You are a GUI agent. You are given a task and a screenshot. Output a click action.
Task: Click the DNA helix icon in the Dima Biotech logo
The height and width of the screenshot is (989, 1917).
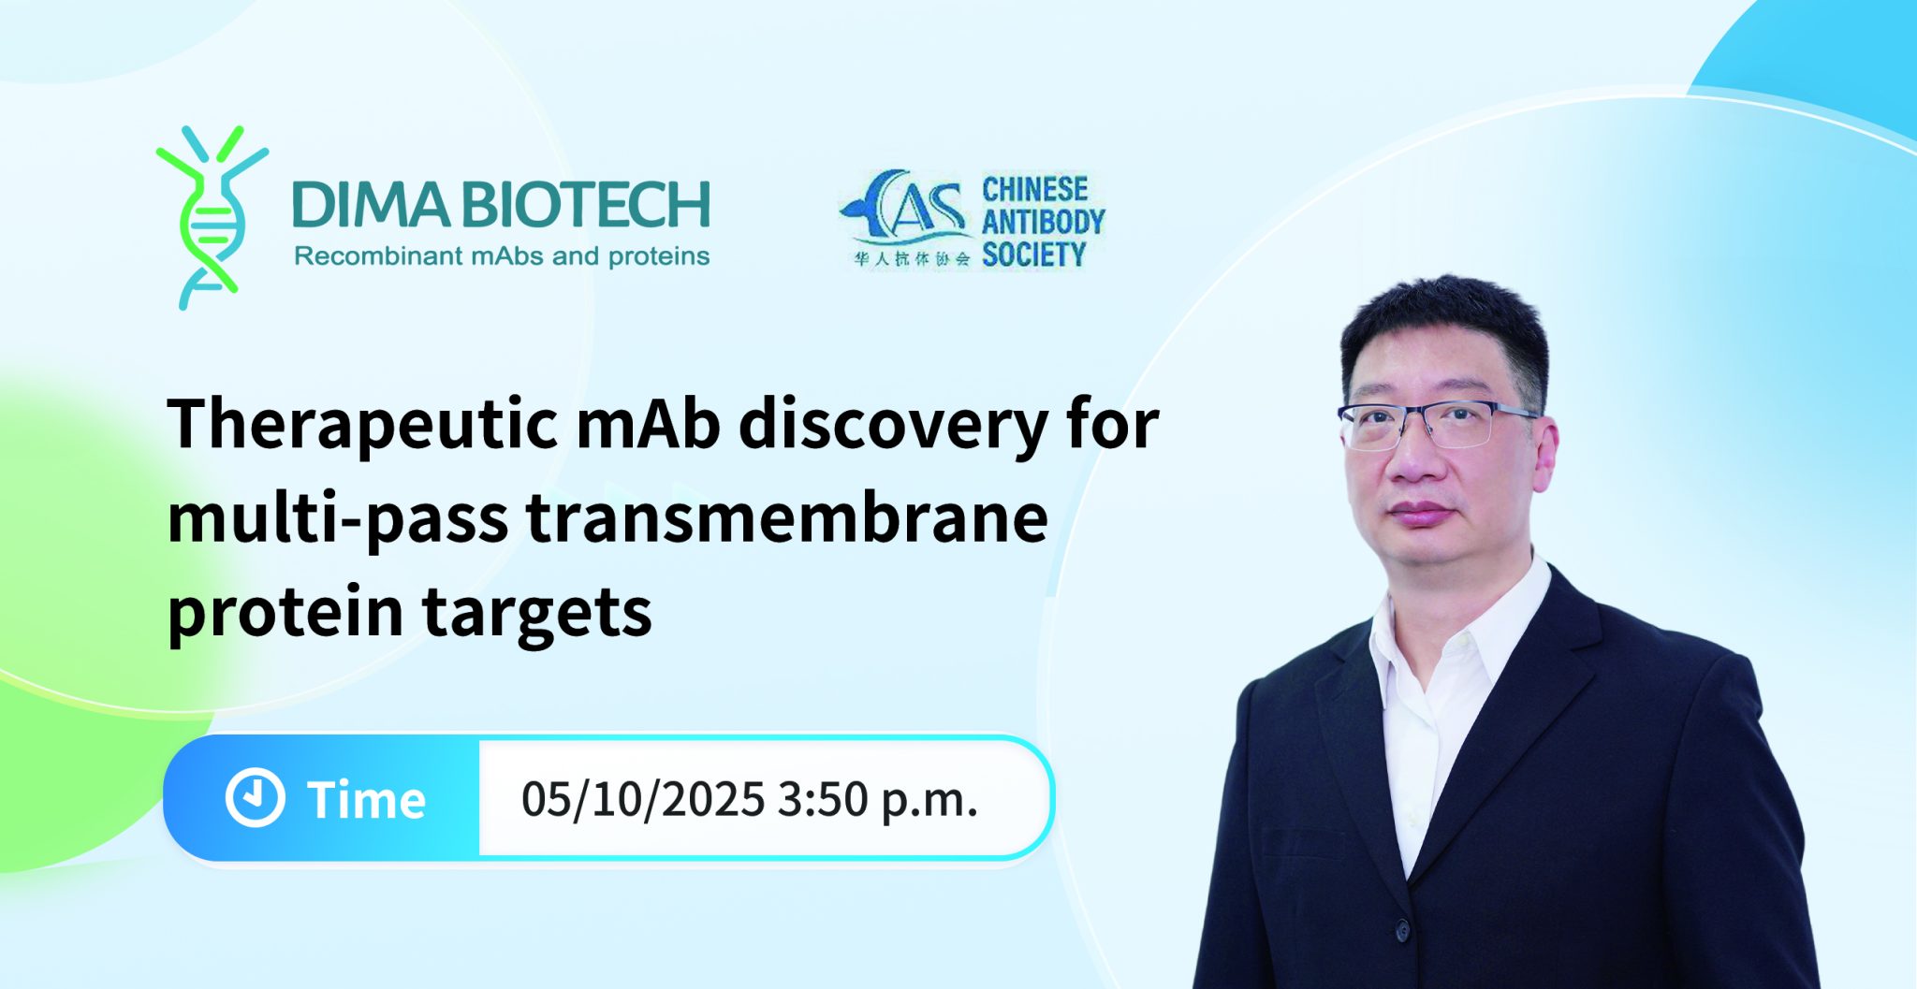(212, 217)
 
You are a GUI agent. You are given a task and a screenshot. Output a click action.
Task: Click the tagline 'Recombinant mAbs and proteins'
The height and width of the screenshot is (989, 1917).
(502, 256)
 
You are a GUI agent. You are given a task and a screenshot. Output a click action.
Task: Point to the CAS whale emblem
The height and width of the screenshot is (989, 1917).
(904, 208)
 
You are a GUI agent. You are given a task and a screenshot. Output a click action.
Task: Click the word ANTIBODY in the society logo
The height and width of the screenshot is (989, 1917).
(1043, 222)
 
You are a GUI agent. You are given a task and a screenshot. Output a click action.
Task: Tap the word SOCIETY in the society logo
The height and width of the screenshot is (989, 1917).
(1033, 255)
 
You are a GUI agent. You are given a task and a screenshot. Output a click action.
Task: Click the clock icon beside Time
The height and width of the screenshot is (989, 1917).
(255, 798)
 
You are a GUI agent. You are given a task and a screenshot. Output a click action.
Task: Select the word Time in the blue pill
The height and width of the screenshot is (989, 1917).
(366, 800)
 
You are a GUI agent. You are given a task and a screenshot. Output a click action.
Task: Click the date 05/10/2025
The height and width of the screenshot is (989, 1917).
(643, 800)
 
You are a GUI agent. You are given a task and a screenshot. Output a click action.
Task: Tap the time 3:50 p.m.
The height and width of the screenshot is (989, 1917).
(877, 800)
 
